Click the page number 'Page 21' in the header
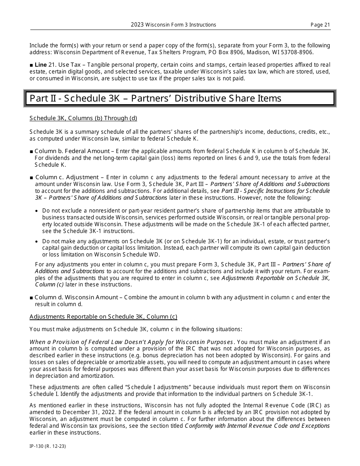320,25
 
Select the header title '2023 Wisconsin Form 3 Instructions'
174,25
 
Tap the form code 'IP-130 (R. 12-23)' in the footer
48,446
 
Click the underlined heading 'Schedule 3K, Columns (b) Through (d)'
83,118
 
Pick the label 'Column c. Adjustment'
67,177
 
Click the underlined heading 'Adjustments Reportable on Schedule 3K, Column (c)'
103,317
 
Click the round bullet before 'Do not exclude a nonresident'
36,211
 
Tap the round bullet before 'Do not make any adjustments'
36,242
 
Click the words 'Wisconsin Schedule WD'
127,255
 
